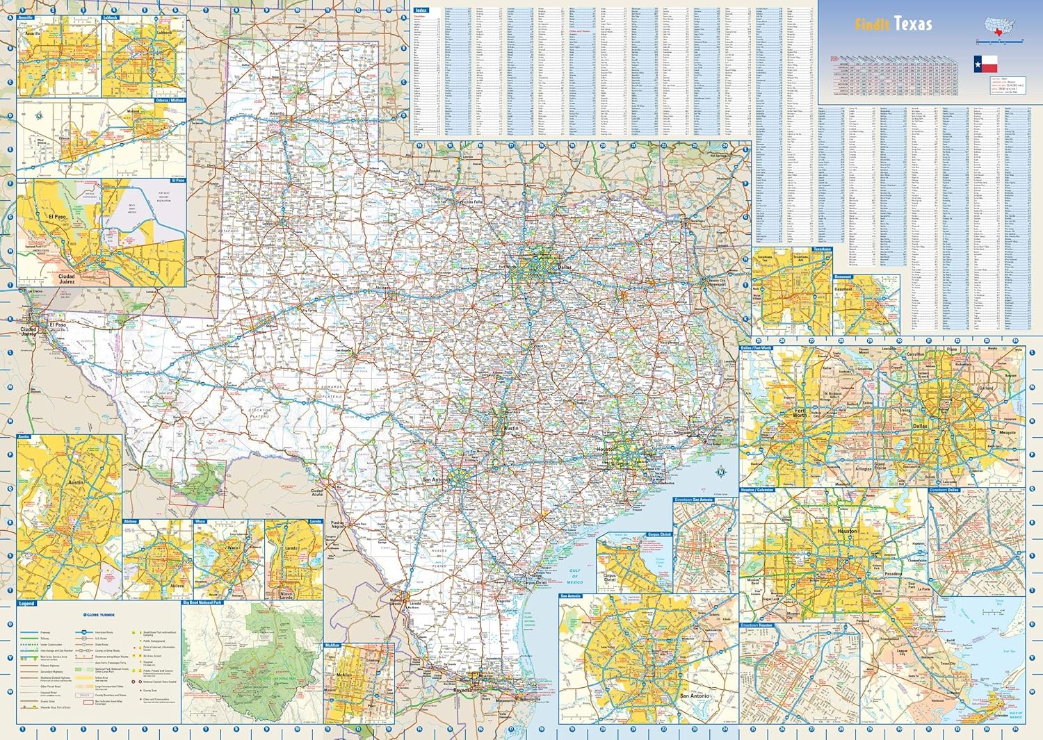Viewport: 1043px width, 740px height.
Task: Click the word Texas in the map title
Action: tap(913, 24)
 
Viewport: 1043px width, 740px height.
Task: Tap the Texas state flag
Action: tap(985, 64)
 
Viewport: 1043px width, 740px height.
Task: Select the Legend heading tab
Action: tap(26, 604)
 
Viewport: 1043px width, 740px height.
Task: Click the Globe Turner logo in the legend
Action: tap(99, 615)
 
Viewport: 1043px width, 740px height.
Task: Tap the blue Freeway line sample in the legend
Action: tap(29, 632)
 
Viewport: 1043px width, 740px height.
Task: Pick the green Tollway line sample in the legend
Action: tap(29, 639)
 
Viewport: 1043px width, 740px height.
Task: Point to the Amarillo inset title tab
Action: tap(26, 17)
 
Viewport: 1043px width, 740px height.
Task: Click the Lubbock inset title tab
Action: tap(111, 17)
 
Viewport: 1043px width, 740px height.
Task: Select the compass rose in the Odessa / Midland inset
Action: tap(40, 116)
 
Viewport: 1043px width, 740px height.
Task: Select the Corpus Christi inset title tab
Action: tap(659, 534)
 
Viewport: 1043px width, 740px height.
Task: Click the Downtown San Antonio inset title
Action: tap(693, 500)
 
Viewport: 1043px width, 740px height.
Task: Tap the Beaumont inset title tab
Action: tap(843, 277)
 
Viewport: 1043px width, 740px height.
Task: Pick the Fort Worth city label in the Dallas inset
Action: tap(800, 413)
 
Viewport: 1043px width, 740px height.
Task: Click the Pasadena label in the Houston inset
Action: tap(893, 575)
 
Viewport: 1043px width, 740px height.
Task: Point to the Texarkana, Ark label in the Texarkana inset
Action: tap(801, 258)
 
